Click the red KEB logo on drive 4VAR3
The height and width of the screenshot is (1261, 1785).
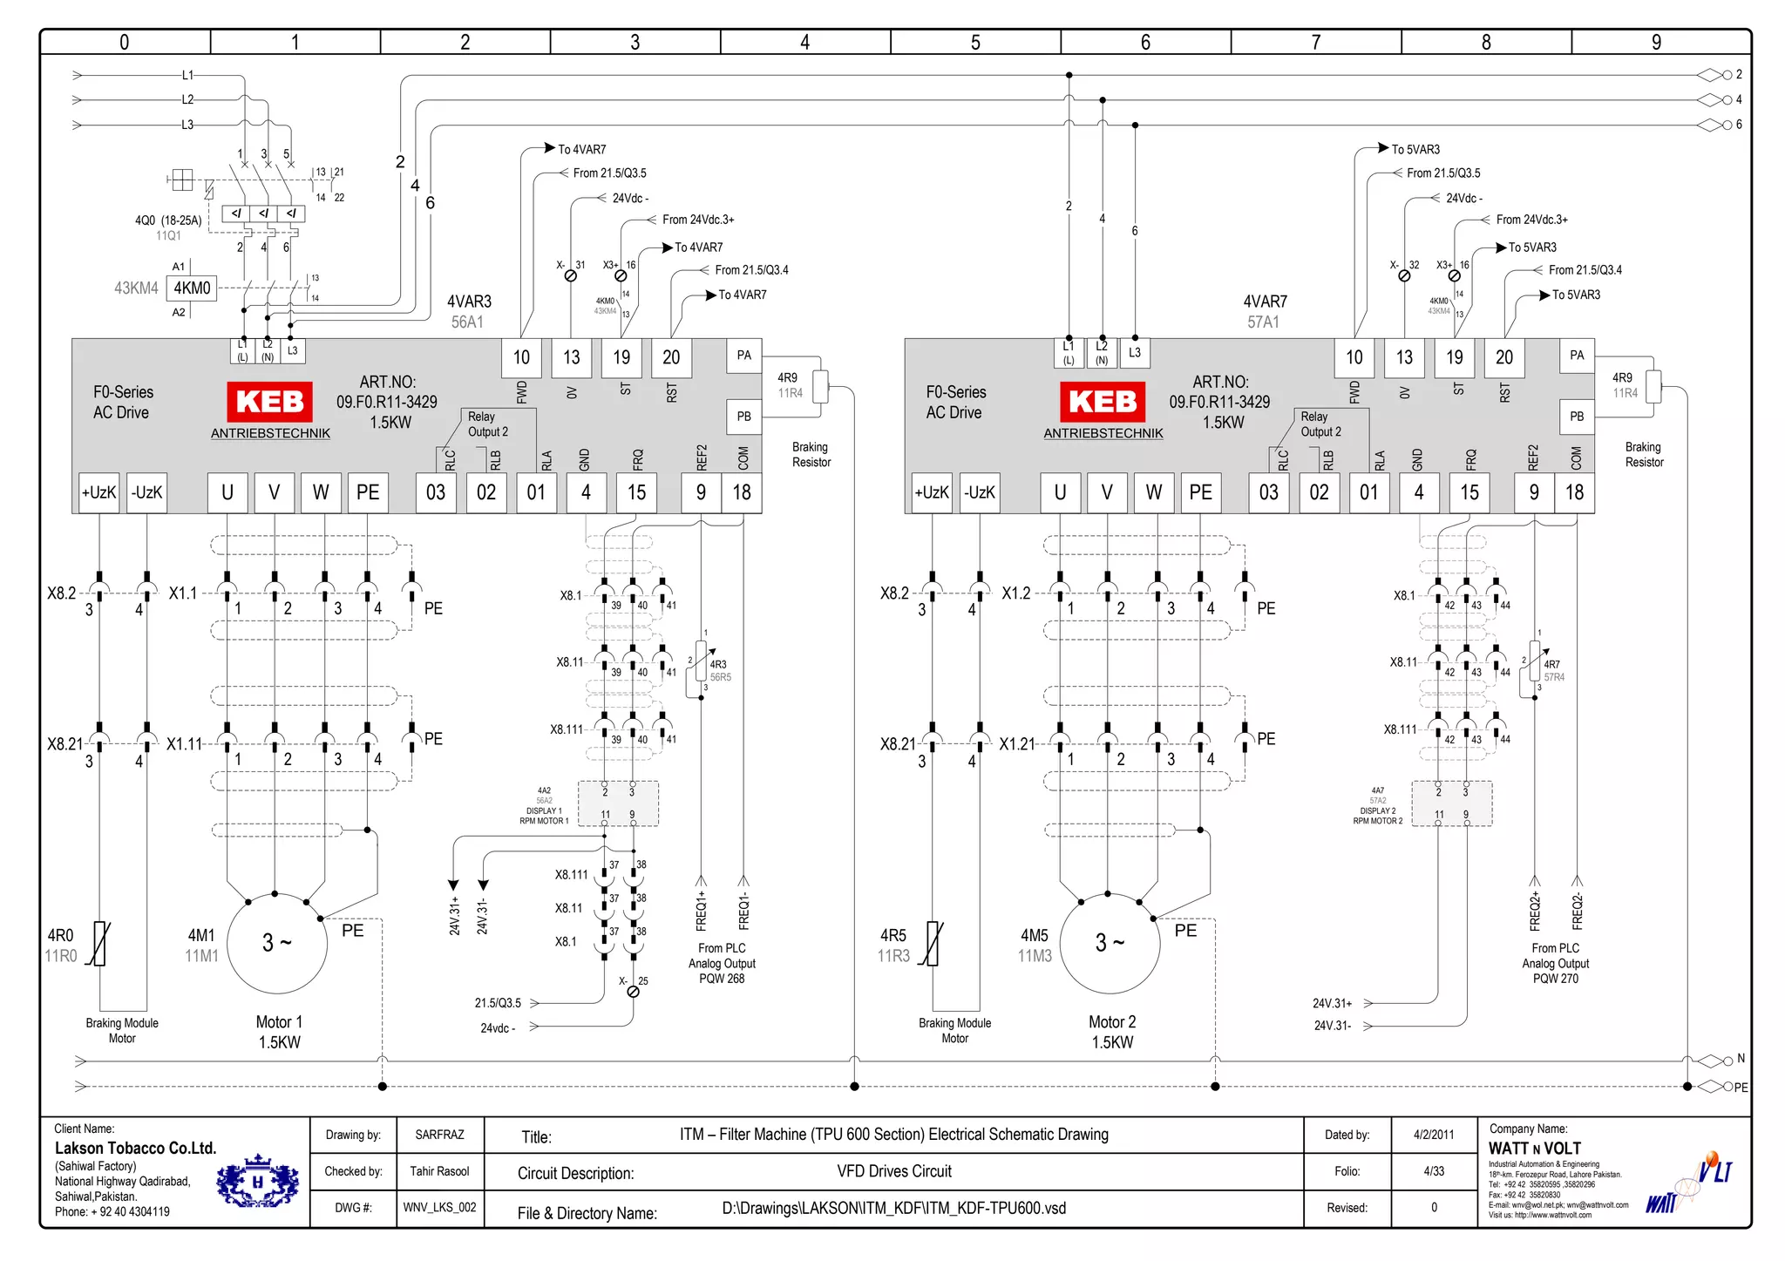point(270,402)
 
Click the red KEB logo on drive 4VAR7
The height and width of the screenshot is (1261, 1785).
point(1103,402)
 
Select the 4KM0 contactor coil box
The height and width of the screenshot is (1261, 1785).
point(192,288)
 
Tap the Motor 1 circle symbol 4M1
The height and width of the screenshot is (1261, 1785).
point(277,944)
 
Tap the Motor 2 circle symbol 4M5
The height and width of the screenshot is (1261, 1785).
point(1110,944)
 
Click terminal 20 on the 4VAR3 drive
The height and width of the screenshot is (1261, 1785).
point(671,357)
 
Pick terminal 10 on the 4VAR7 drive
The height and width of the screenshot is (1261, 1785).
point(1354,357)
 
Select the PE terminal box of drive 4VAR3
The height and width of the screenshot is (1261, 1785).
point(368,492)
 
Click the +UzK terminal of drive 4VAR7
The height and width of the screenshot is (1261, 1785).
point(931,492)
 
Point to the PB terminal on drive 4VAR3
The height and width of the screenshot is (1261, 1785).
point(743,417)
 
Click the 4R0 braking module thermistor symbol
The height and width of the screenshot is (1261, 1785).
point(99,944)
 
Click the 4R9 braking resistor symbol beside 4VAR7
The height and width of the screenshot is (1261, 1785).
point(1653,386)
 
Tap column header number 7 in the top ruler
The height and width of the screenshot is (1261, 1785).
point(1315,42)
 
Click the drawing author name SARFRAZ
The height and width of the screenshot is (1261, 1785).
point(439,1135)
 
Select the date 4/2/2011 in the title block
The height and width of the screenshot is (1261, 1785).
point(1434,1135)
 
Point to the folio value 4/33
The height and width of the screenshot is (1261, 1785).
point(1434,1171)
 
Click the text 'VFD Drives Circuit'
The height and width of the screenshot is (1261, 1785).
point(894,1171)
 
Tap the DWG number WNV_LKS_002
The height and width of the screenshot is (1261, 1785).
point(439,1208)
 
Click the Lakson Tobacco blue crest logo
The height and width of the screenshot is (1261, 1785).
point(257,1183)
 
